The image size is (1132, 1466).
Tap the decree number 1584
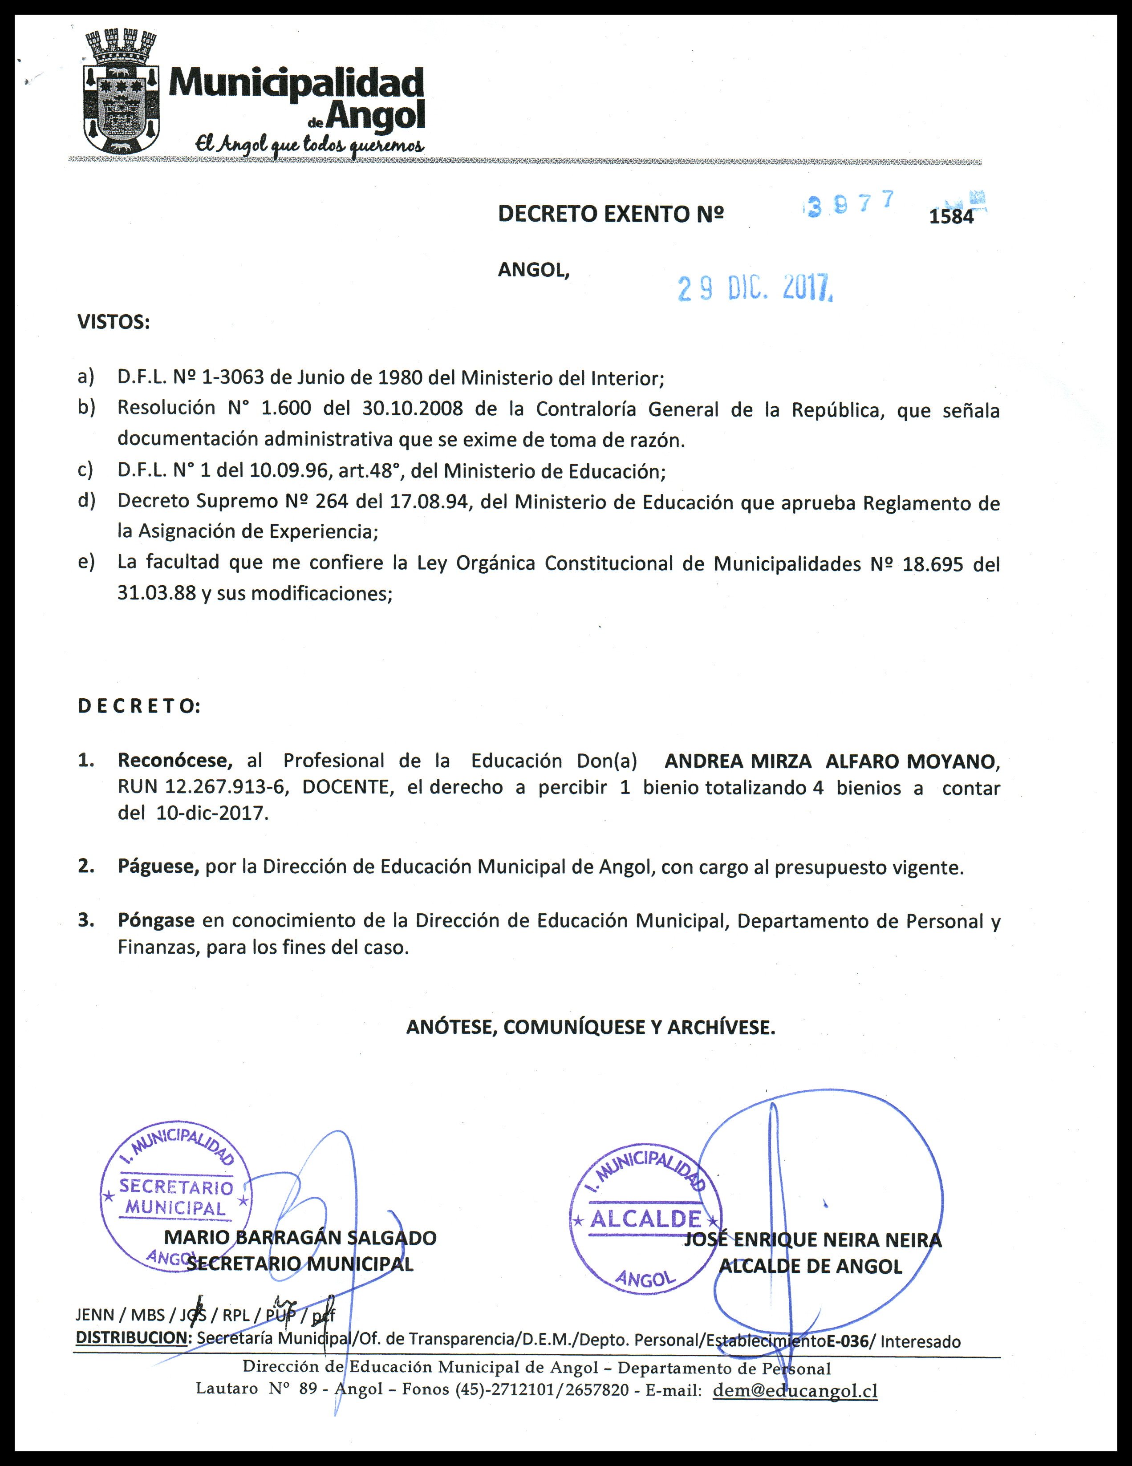(x=951, y=217)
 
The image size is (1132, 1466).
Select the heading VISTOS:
(x=114, y=322)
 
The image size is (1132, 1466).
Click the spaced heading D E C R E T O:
(x=139, y=706)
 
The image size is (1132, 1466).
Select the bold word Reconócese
(x=174, y=761)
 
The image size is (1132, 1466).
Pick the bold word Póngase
(x=156, y=920)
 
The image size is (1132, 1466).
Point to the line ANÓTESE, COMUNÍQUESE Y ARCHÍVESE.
(x=591, y=1027)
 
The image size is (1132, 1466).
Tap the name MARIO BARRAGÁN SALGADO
(x=300, y=1238)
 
